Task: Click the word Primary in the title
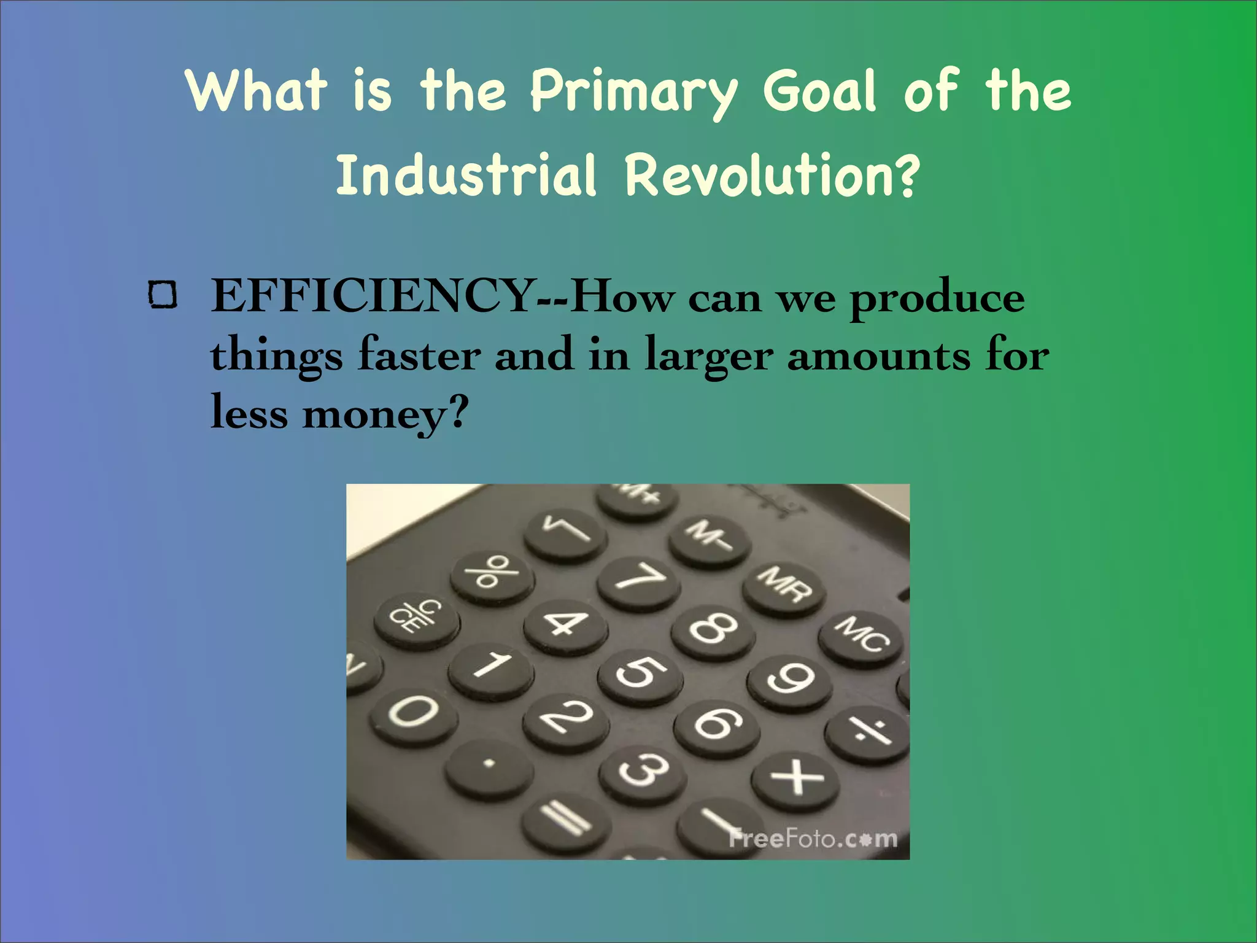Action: (633, 92)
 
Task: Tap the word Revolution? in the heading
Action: (772, 176)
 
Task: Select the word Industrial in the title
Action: (466, 176)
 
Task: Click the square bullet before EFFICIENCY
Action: (163, 295)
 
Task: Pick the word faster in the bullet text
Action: (419, 355)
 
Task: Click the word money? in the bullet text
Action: (385, 413)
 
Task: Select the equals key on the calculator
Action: (566, 818)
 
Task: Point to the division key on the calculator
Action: (866, 732)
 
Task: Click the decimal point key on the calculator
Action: (489, 764)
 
